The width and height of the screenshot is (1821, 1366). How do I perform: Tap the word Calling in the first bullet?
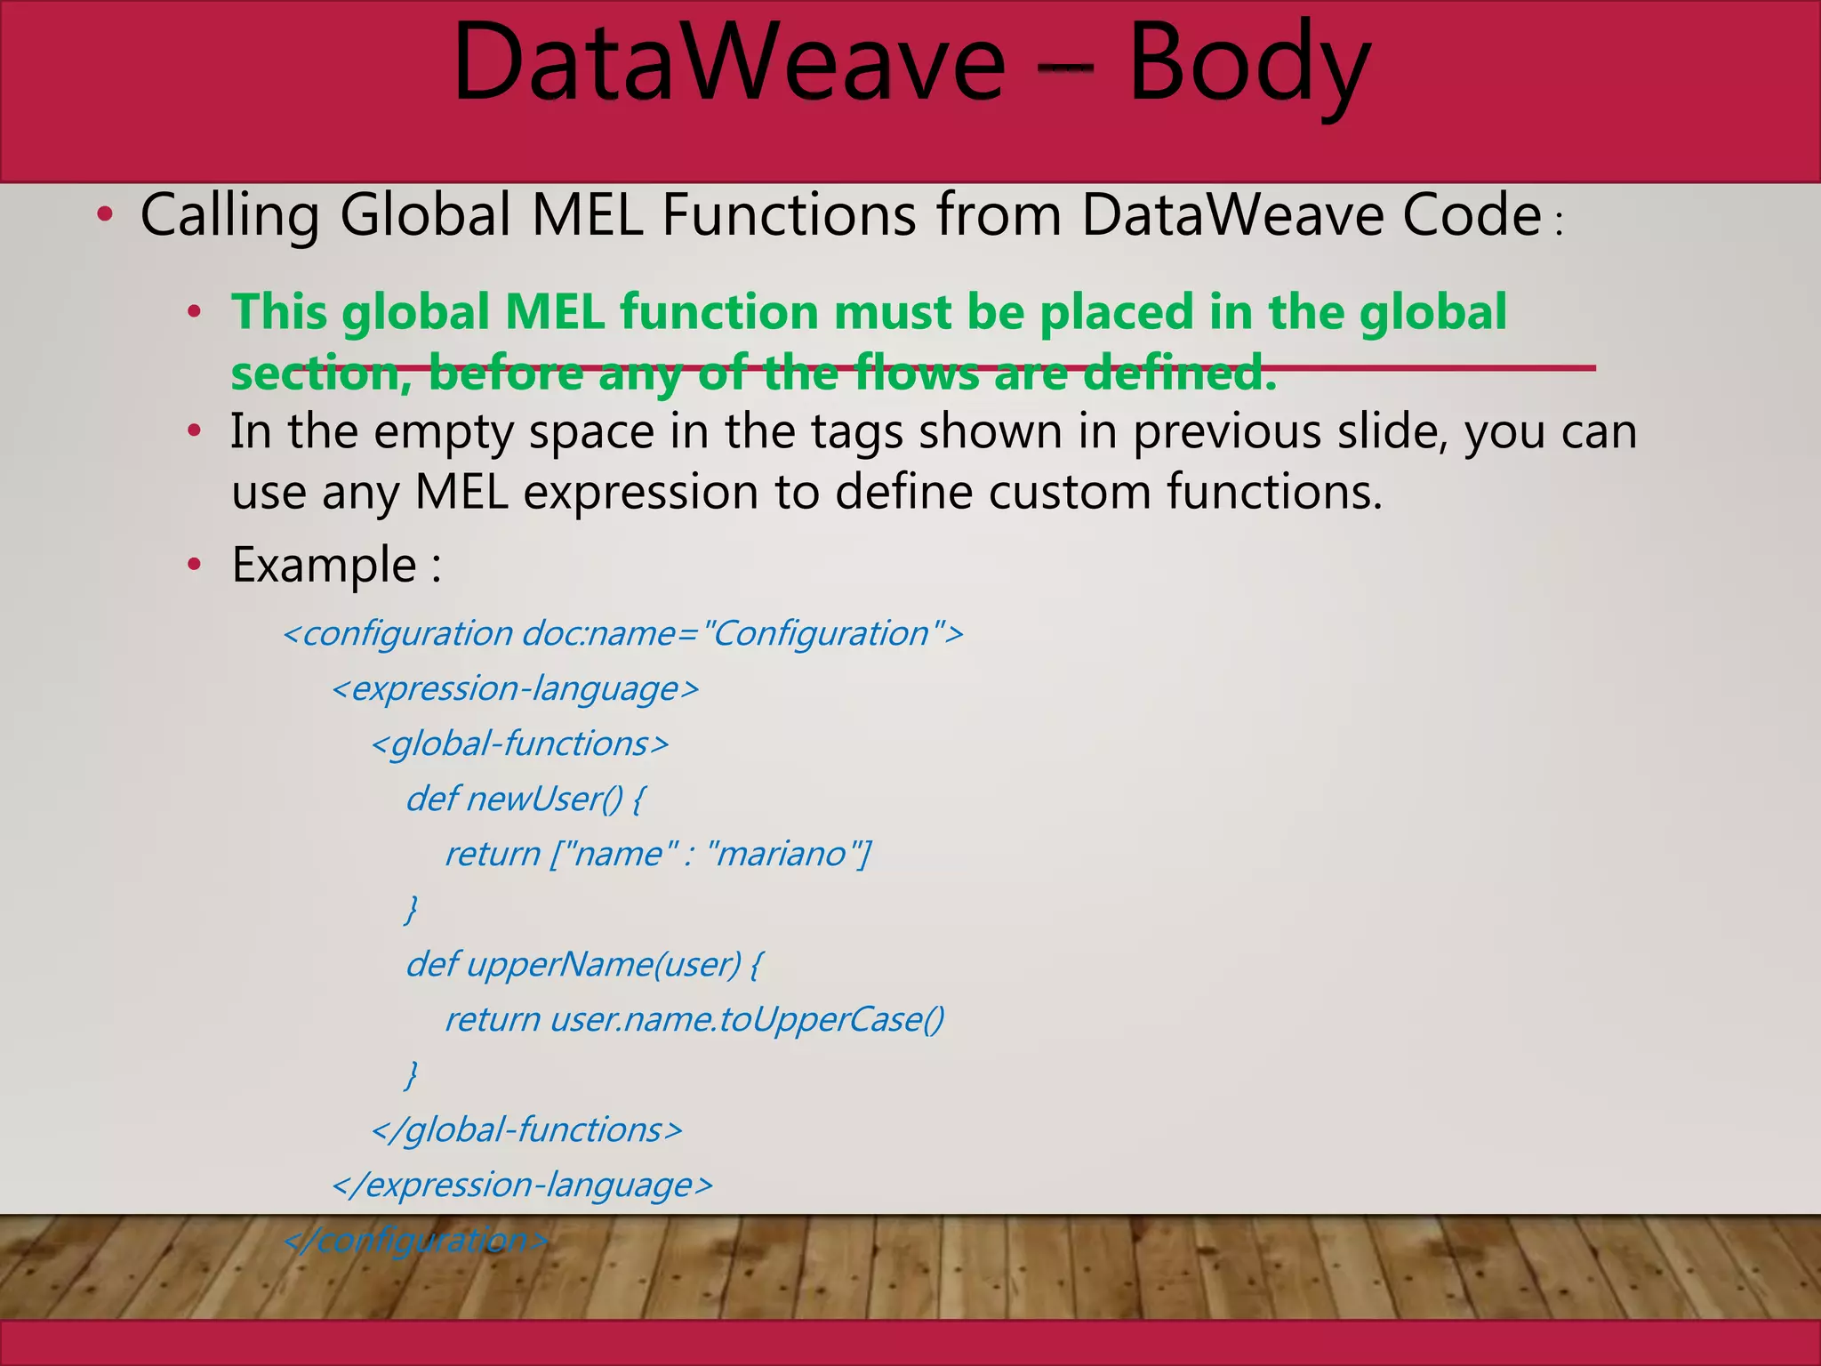pyautogui.click(x=229, y=217)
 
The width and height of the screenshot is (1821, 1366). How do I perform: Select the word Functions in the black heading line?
pyautogui.click(x=788, y=215)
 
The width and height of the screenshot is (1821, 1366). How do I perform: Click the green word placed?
pyautogui.click(x=1116, y=313)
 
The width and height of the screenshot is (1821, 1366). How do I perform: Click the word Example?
pyautogui.click(x=324, y=565)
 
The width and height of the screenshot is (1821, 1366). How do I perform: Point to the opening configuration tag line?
pyautogui.click(x=622, y=634)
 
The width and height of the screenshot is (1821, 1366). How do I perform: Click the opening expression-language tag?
pyautogui.click(x=515, y=689)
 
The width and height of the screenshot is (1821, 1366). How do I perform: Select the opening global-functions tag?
pyautogui.click(x=520, y=744)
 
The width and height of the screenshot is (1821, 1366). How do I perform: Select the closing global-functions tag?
pyautogui.click(x=526, y=1130)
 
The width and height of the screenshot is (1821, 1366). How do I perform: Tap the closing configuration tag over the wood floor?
pyautogui.click(x=416, y=1241)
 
